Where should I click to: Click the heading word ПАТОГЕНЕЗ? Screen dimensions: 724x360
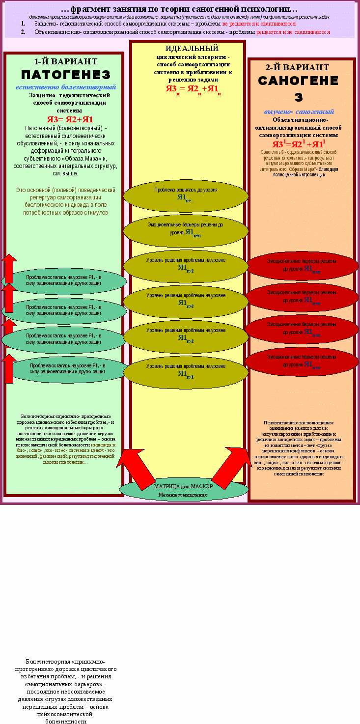coord(65,75)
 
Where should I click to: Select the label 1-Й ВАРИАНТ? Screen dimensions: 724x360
coord(65,62)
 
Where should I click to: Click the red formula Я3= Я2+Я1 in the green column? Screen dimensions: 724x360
coord(70,119)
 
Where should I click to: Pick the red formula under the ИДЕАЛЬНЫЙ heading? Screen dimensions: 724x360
coord(193,89)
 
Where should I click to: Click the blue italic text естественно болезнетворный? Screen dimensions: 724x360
coord(62,87)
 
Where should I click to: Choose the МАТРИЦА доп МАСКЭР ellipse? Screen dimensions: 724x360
coord(183,490)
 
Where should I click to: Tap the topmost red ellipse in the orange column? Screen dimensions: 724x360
coord(302,266)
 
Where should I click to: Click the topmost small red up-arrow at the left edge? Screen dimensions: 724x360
coord(9,268)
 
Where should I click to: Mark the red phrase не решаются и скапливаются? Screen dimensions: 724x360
coord(259,24)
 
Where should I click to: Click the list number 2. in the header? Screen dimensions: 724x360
coord(23,32)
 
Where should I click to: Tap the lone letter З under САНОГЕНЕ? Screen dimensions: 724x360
coord(298,97)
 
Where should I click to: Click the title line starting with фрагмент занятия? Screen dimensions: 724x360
coord(179,9)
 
